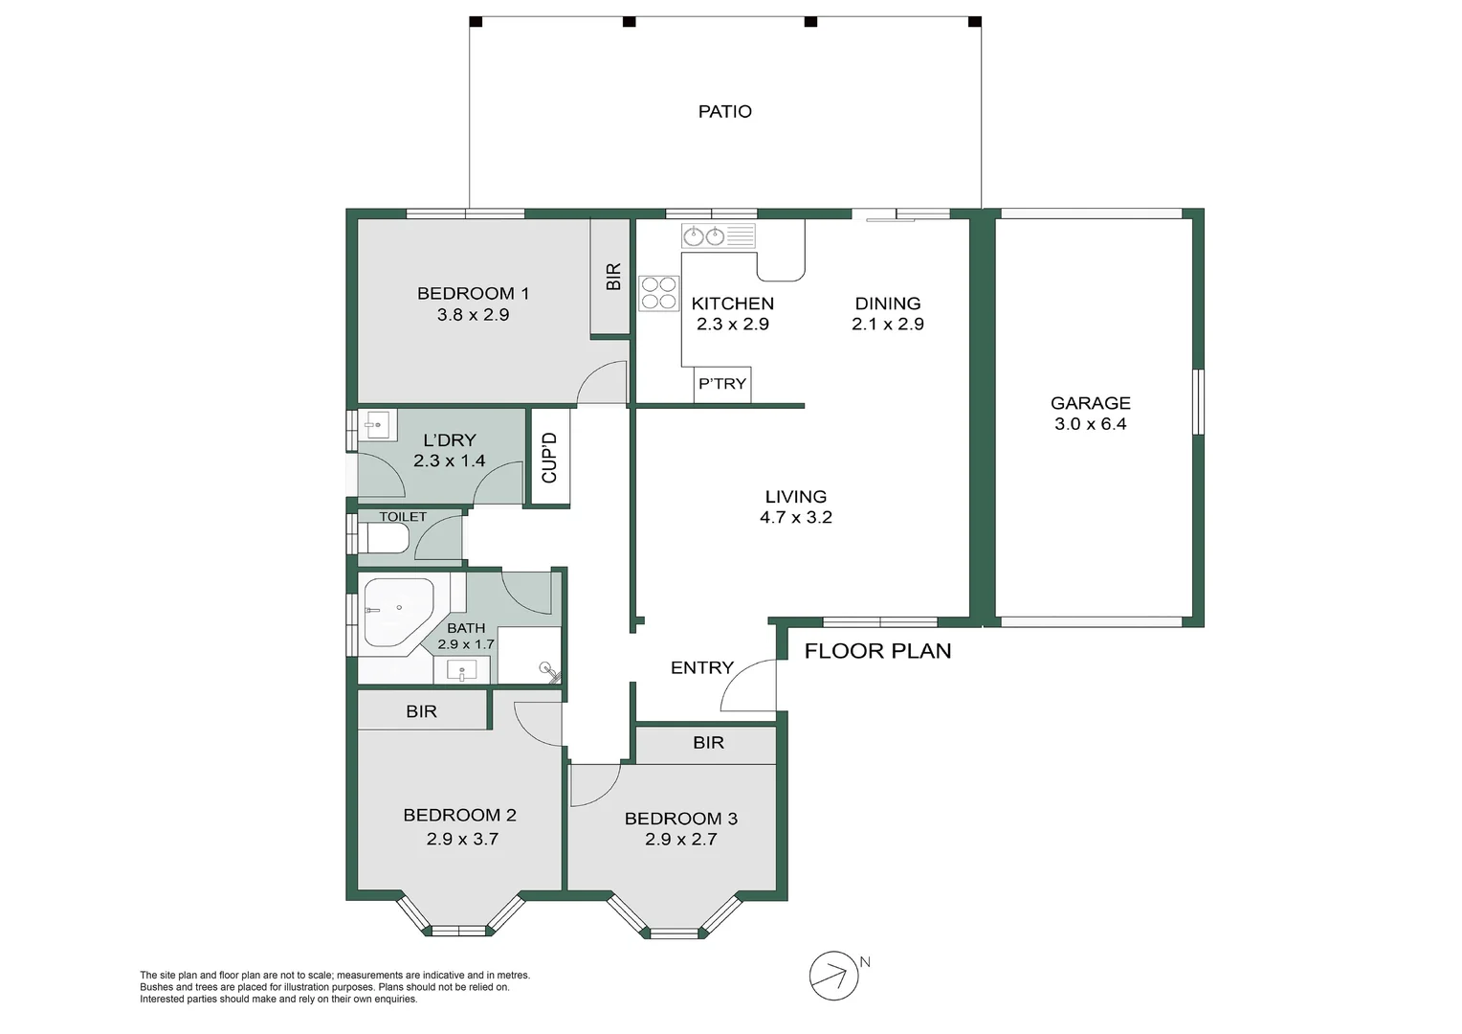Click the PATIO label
coord(724,112)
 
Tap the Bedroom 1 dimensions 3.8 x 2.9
coord(473,314)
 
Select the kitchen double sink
coord(704,236)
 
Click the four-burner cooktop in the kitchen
coord(658,292)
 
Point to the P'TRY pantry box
coord(722,384)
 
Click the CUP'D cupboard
coord(550,458)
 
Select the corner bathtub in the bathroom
coord(395,613)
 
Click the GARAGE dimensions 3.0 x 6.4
coord(1090,424)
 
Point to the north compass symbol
coord(832,976)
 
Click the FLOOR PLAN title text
coord(877,651)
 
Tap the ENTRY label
coord(701,668)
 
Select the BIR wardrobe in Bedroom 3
coord(708,743)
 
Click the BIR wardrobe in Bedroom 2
coord(421,711)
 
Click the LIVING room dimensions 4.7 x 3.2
coord(795,518)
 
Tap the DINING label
coord(887,303)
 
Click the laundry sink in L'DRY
coord(377,425)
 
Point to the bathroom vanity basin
coord(462,670)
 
